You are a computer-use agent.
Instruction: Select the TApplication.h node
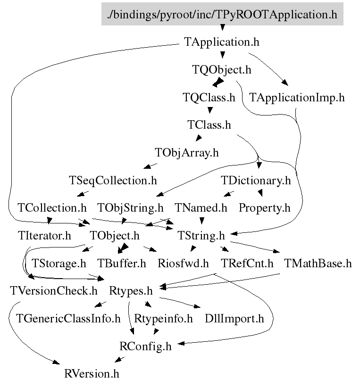[221, 42]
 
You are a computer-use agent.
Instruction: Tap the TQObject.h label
[221, 70]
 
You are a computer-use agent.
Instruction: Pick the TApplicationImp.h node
[297, 98]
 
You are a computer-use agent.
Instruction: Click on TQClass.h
[209, 98]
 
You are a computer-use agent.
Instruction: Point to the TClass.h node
[209, 125]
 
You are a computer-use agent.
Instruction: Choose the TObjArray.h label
[187, 153]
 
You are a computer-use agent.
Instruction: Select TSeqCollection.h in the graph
[113, 180]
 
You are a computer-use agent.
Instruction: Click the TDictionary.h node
[256, 180]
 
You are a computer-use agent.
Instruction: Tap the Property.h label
[264, 207]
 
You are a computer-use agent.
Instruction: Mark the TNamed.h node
[201, 207]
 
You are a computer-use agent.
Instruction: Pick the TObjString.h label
[130, 207]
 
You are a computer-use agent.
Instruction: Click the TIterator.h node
[44, 235]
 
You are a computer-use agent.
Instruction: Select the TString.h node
[201, 235]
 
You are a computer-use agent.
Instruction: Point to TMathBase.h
[318, 263]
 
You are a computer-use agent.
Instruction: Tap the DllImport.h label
[234, 319]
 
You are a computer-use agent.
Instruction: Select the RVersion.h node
[92, 375]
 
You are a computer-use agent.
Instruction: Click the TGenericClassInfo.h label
[68, 319]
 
